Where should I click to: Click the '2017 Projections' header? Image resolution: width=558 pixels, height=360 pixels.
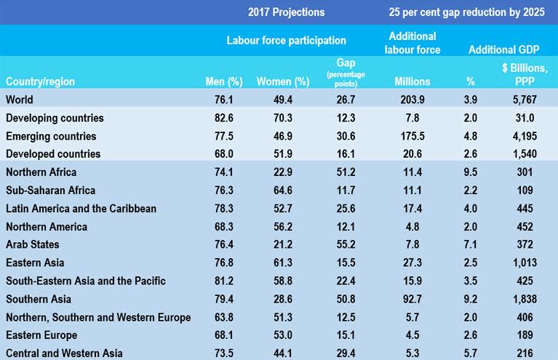click(286, 12)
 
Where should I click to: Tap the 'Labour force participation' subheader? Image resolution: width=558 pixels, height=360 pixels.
click(287, 41)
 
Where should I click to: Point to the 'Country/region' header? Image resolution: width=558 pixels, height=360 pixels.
click(40, 81)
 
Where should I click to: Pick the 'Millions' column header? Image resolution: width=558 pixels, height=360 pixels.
click(412, 81)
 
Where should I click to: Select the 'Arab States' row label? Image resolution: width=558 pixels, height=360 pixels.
click(32, 244)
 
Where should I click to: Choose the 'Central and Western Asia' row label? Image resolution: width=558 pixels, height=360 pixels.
click(63, 353)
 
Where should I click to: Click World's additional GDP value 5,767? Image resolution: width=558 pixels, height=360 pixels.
click(524, 99)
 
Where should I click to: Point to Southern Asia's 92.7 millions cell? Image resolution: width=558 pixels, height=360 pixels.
click(412, 298)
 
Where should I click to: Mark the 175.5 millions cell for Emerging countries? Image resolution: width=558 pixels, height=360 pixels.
click(412, 135)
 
